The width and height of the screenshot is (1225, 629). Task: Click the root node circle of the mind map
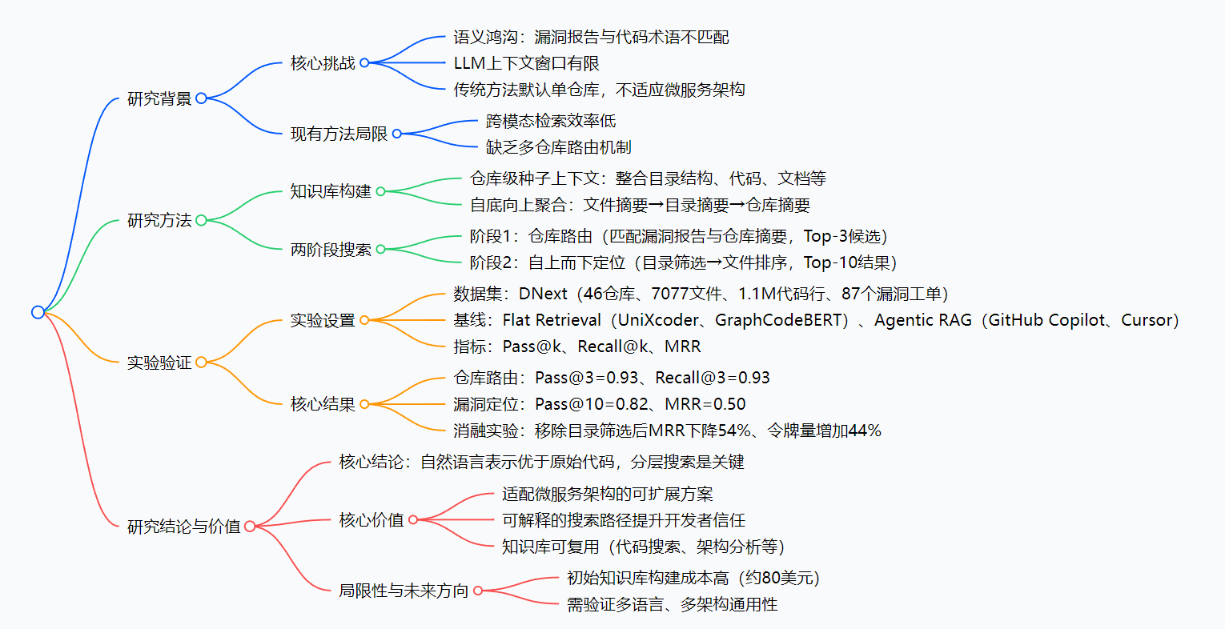coord(38,312)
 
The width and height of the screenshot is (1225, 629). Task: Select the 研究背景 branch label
coord(159,98)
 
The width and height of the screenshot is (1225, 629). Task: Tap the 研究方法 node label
coord(159,220)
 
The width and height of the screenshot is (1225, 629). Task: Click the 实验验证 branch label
coord(159,363)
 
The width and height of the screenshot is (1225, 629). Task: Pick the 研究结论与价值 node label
coord(183,527)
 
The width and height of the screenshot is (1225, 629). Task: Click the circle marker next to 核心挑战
coord(364,62)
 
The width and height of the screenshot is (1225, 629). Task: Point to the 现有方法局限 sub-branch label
coord(339,134)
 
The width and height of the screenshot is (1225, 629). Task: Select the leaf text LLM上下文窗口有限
coord(526,63)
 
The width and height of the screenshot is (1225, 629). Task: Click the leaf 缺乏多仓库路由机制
coord(558,147)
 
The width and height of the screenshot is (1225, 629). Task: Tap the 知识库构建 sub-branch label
coord(331,191)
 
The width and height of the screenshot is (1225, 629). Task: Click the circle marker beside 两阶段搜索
coord(381,250)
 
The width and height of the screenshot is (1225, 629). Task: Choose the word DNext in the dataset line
coord(543,294)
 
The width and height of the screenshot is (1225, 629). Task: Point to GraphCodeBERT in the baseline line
coord(780,320)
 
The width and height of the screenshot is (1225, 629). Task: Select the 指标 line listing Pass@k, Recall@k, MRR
coord(576,347)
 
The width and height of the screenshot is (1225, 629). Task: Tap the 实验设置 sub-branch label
coord(323,320)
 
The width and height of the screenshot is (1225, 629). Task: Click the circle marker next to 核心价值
coord(413,520)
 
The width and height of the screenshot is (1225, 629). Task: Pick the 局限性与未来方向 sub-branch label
coord(404,591)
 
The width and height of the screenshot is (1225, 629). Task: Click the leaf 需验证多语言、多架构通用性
coord(672,604)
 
